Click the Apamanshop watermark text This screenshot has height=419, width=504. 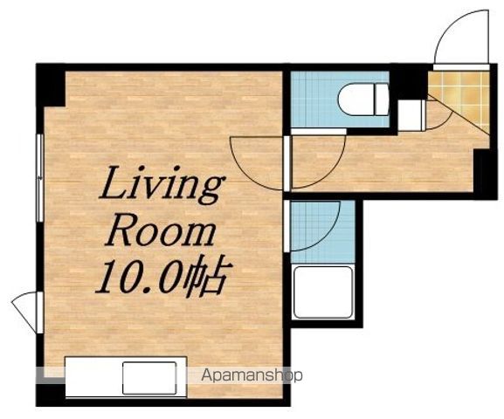(252, 375)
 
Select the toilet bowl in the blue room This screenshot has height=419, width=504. (356, 99)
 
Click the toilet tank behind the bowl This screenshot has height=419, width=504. (383, 99)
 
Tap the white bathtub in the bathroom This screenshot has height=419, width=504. (323, 292)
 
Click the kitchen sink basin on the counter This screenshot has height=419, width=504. (149, 378)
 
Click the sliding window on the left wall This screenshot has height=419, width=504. (40, 178)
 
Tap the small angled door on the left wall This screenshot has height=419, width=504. (24, 308)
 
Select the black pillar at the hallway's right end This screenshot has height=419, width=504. (486, 174)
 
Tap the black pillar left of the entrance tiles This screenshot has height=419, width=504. (409, 82)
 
